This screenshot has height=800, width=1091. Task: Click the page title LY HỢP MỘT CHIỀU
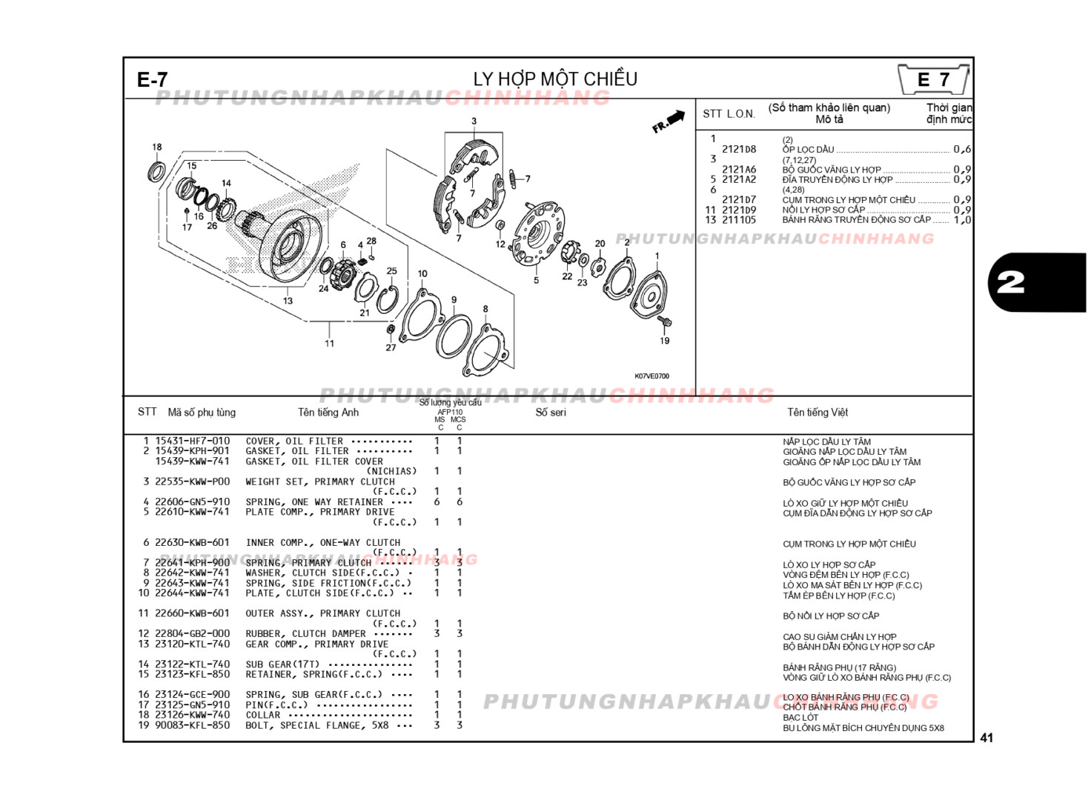[555, 79]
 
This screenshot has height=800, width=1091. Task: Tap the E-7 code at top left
[153, 80]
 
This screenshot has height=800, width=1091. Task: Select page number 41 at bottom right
[986, 738]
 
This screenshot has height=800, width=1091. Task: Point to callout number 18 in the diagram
[156, 147]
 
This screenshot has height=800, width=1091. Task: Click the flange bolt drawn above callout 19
[664, 322]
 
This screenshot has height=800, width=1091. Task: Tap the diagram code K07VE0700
[651, 376]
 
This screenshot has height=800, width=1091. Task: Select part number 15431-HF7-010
[192, 441]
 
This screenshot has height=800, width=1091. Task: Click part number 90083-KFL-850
[192, 725]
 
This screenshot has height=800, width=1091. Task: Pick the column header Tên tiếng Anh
[328, 413]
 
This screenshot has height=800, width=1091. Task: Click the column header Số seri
[551, 413]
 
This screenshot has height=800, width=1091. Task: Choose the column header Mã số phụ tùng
[202, 413]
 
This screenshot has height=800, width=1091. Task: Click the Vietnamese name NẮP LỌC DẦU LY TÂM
[826, 441]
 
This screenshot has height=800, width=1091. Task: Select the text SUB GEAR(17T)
[282, 664]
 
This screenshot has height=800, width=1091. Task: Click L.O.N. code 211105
[739, 220]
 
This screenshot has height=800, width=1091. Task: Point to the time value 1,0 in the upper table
[961, 220]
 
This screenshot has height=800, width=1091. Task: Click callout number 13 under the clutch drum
[288, 301]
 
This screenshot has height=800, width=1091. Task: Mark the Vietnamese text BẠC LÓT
[800, 717]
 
